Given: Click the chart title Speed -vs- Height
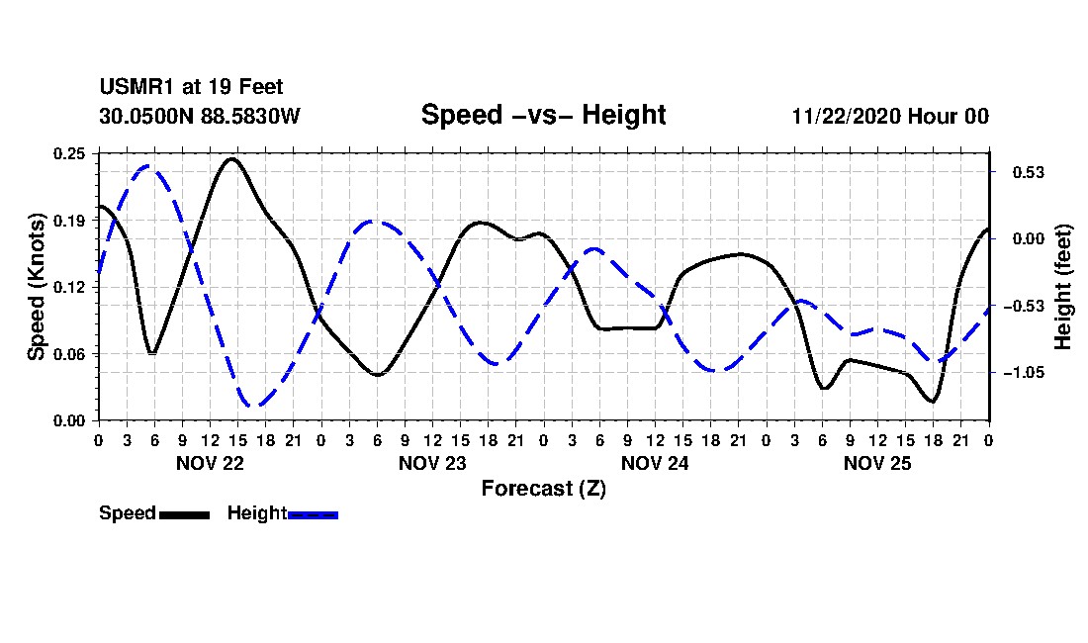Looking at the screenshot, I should pos(543,115).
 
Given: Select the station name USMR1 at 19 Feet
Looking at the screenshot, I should pos(191,88).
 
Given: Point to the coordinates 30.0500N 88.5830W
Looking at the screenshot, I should pos(199,116).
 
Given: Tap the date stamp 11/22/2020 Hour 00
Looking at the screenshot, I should pos(890,116).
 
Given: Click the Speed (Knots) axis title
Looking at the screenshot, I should pos(37,287).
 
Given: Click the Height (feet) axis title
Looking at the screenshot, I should pos(1063,287).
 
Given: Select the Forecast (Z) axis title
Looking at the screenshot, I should pos(543,488).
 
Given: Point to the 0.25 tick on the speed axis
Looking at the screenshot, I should pos(70,153).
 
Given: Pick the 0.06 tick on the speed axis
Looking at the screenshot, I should pos(70,354).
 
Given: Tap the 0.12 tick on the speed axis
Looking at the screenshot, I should pos(70,287).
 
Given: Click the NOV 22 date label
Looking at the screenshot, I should pos(210,463).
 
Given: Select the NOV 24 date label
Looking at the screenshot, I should pos(655,463).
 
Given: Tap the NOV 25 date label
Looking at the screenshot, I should pos(877,463).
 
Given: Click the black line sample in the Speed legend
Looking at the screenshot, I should pos(184,514).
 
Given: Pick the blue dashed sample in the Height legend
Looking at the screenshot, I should pos(314,514).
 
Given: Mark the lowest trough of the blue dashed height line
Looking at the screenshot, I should pos(254,406).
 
